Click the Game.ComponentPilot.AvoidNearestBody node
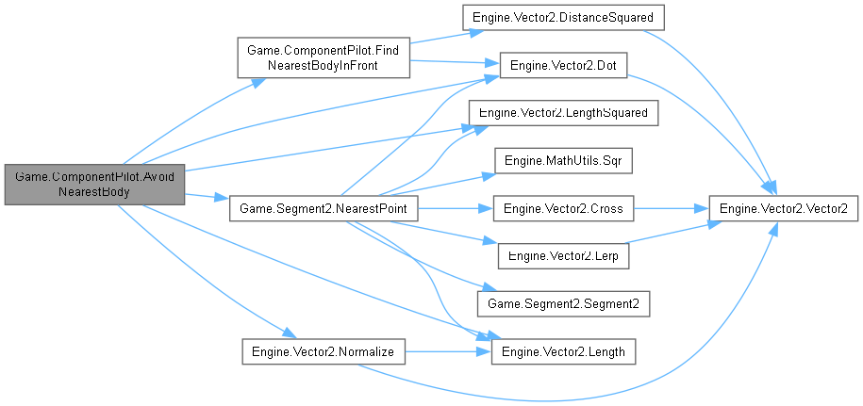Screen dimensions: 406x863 (x=92, y=184)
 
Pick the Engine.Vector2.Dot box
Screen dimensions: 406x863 (x=563, y=65)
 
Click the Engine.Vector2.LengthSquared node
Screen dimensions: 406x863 (x=563, y=113)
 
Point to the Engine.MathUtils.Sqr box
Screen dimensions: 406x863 (x=563, y=160)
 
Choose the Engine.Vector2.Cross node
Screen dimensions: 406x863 (x=563, y=207)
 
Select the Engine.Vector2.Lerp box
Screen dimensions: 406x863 (x=563, y=255)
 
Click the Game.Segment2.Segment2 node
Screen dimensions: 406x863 (x=563, y=303)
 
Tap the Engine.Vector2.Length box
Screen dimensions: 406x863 (x=563, y=350)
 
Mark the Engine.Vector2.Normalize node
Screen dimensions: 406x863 (x=323, y=350)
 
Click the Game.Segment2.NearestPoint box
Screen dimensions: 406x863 (x=323, y=207)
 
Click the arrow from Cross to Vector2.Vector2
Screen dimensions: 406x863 (x=670, y=207)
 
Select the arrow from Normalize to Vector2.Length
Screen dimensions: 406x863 (x=448, y=350)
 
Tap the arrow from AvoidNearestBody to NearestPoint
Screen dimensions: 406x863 (x=207, y=198)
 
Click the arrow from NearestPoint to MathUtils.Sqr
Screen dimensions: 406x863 (x=443, y=184)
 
